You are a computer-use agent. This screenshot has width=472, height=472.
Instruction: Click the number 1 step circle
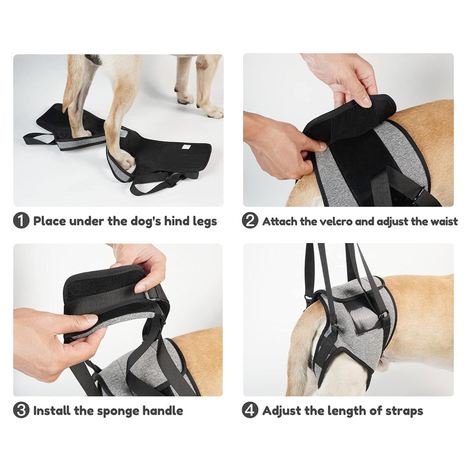point(21,221)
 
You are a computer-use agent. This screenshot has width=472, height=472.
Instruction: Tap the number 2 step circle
point(250,221)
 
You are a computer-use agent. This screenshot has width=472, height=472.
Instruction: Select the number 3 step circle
point(21,410)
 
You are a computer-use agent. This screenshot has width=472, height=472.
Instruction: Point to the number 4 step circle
point(250,410)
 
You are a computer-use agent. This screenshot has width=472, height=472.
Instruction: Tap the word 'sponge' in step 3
point(118,411)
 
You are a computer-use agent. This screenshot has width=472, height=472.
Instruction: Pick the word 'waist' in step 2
point(442,221)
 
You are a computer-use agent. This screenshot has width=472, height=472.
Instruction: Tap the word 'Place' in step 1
point(50,221)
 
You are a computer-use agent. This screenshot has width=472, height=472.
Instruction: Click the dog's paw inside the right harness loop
point(125,160)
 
